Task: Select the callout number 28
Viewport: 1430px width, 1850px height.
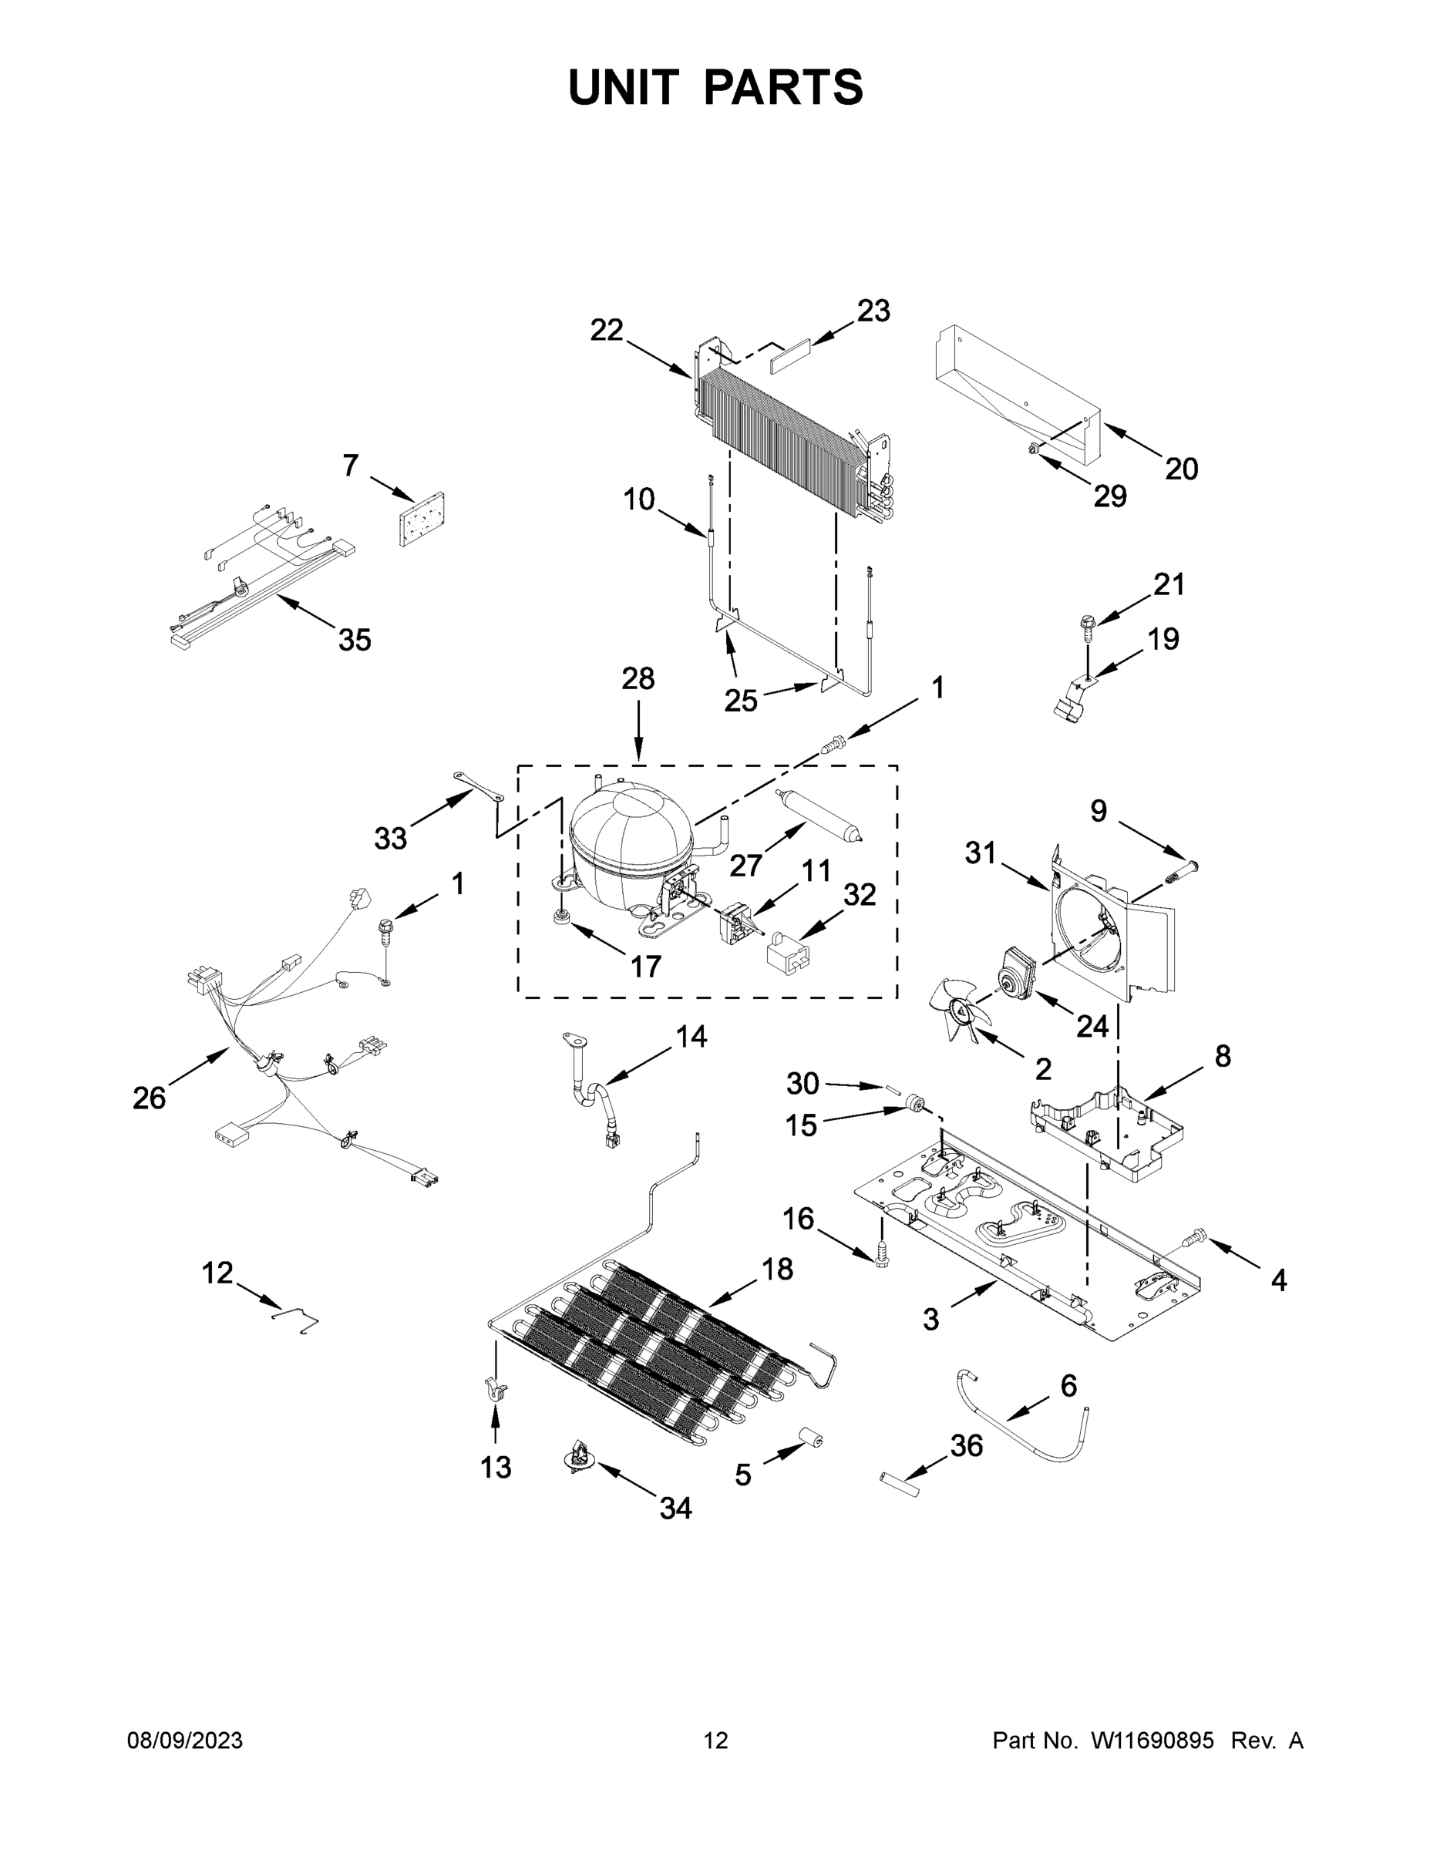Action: coord(638,678)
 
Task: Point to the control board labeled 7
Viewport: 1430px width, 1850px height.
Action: coord(422,520)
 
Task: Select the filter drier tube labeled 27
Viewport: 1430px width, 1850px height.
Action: coord(819,814)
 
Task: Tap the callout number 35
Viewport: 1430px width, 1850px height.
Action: coord(354,640)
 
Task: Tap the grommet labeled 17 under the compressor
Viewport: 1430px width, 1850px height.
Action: coord(560,917)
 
